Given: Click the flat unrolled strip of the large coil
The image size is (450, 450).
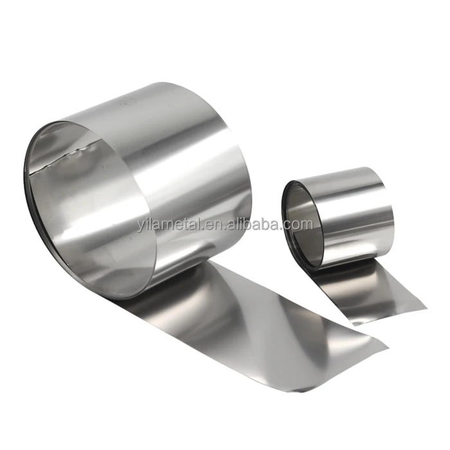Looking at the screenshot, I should [257, 321].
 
